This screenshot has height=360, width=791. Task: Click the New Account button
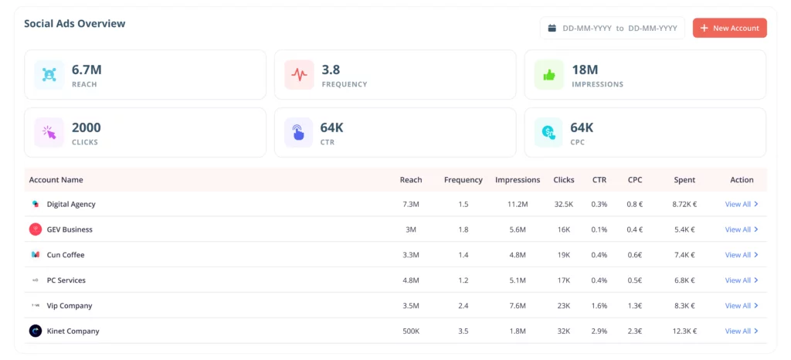729,29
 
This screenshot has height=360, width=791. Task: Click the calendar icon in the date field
552,29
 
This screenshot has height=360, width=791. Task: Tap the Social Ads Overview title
75,24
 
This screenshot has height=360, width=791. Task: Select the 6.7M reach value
87,70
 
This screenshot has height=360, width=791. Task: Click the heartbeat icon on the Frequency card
299,75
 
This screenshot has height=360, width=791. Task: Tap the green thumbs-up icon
549,75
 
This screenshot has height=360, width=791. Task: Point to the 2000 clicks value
87,127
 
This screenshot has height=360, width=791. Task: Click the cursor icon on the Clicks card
49,133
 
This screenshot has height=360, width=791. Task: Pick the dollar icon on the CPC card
548,133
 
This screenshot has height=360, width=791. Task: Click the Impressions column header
518,180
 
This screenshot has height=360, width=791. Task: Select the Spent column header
684,180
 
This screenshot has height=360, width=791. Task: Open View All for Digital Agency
742,204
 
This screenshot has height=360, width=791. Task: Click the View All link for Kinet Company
742,331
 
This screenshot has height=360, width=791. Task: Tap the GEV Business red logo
36,229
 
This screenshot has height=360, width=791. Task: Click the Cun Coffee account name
66,255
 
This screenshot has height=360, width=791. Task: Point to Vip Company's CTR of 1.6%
599,306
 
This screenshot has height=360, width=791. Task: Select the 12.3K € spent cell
684,331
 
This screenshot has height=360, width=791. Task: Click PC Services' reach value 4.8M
411,280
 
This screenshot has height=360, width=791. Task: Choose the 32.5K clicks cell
563,204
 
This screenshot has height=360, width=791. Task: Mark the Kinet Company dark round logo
36,331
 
